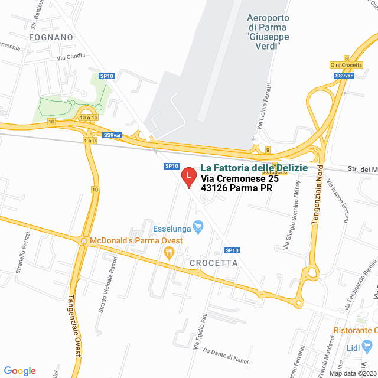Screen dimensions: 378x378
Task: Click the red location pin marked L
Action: point(188,176)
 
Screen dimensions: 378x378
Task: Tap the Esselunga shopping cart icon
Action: point(198,225)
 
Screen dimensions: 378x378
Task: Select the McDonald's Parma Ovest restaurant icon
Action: point(168,252)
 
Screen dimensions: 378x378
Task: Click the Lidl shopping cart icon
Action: point(370,347)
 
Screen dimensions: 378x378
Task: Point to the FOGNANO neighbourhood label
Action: point(50,37)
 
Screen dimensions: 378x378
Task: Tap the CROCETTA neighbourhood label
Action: point(214,263)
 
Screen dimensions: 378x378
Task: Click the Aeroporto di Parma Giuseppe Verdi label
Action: point(268,27)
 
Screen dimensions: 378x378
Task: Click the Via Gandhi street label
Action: point(71,57)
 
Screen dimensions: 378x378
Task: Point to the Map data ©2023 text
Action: point(351,373)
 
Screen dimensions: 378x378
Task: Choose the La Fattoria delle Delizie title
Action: point(254,168)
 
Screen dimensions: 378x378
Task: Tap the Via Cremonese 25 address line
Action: point(239,178)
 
